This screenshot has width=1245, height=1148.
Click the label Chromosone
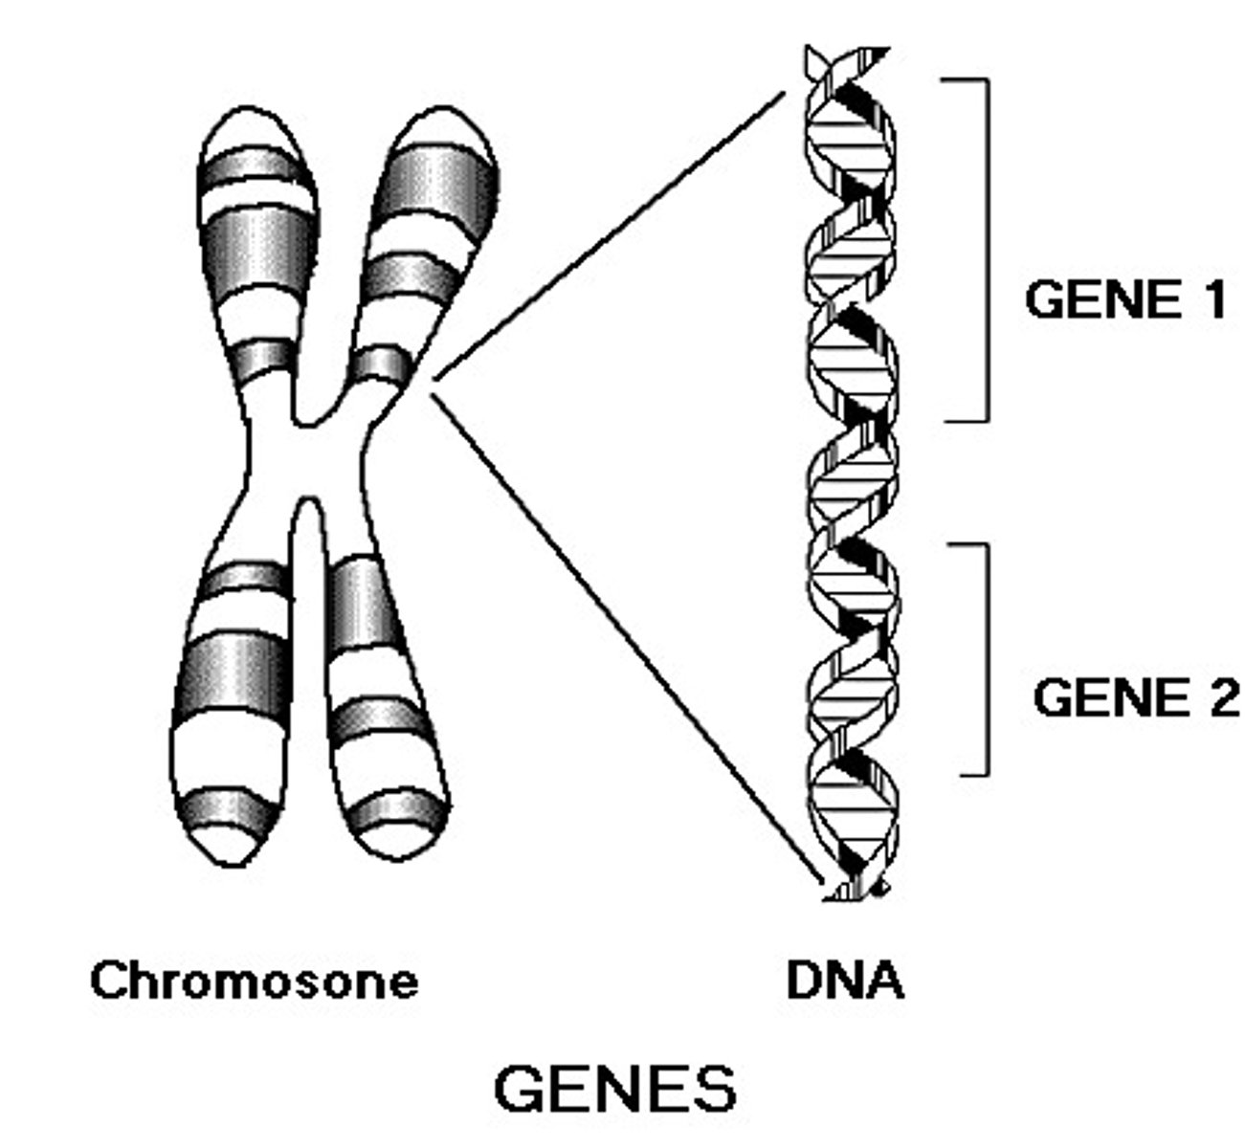[254, 981]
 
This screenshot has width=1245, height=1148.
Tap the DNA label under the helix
[844, 981]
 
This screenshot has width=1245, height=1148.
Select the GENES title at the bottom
[615, 1089]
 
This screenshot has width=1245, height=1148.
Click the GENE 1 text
[1124, 299]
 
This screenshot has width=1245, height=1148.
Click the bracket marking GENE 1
[986, 249]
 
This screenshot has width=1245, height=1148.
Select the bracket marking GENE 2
[986, 660]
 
